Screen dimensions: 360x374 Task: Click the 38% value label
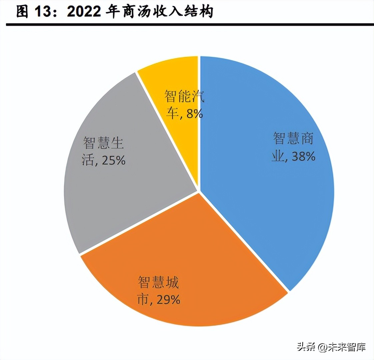click(x=304, y=156)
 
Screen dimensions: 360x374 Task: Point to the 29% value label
click(x=168, y=299)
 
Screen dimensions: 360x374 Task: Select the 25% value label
click(x=114, y=160)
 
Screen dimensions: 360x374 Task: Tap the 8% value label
click(x=195, y=114)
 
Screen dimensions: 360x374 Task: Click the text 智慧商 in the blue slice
click(x=293, y=138)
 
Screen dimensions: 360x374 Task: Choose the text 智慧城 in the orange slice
click(x=158, y=282)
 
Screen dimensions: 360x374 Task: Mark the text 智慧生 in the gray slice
click(x=103, y=143)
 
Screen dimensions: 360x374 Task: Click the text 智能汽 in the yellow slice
click(x=184, y=97)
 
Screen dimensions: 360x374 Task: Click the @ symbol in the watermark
click(x=322, y=347)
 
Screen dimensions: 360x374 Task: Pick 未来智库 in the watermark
click(x=347, y=347)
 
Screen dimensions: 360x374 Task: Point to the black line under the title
click(x=187, y=25)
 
